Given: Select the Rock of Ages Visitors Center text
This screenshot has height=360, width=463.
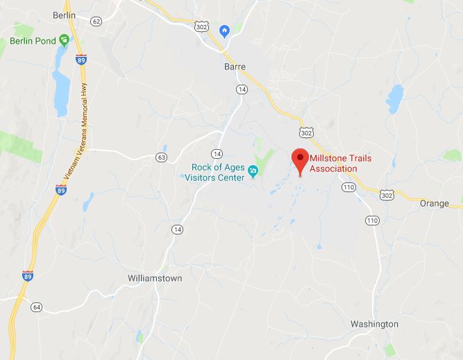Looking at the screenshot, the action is pos(218,172).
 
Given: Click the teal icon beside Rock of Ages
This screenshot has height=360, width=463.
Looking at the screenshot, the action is pos(254,171).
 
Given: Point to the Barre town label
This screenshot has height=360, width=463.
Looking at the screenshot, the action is pos(235,67).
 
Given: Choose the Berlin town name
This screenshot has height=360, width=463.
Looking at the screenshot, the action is pos(64,15).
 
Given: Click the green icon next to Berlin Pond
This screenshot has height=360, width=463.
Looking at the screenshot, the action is pos(64,40).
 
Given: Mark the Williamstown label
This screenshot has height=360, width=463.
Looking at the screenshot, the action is pos(155,278).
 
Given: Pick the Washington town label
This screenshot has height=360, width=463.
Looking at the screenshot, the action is pos(375,324).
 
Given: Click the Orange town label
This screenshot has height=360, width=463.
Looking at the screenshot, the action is pos(435,203).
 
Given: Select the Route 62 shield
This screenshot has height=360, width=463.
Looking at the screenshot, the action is pos(96,22).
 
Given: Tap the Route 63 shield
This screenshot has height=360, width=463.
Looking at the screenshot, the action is pos(162,157).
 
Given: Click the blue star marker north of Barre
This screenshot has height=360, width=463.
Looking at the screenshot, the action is pos(224,31).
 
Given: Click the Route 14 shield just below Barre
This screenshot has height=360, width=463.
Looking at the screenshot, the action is pos(241,89).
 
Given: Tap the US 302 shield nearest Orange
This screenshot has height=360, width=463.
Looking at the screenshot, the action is pos(387,197).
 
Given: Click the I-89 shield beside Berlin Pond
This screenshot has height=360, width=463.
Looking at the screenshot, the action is pos(81,59).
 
